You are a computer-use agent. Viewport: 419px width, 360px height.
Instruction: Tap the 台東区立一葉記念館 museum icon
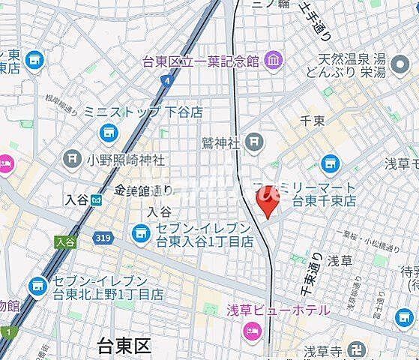point(272,59)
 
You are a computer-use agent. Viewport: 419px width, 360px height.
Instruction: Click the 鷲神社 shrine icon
point(255,140)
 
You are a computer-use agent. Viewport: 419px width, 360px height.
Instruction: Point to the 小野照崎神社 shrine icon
point(72,158)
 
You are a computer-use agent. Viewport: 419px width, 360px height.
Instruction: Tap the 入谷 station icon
point(96,199)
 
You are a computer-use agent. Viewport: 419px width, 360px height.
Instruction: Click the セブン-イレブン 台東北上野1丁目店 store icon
point(36,286)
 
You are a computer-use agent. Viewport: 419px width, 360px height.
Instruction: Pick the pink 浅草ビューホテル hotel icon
point(253,326)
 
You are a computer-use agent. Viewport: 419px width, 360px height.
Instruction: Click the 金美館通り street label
point(145,190)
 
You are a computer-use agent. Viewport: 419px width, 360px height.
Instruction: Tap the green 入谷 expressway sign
point(65,241)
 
